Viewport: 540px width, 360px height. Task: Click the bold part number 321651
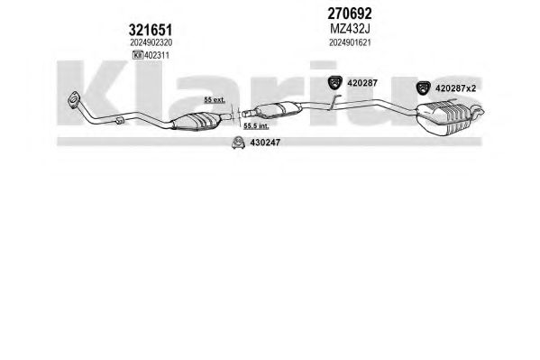click(151, 30)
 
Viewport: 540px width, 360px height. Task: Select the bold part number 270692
click(350, 14)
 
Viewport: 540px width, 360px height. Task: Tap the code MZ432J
click(350, 29)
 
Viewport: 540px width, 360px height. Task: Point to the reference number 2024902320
click(151, 42)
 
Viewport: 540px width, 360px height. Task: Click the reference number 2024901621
click(350, 42)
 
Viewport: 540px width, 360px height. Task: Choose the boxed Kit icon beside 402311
click(138, 55)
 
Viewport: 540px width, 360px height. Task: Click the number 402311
click(157, 55)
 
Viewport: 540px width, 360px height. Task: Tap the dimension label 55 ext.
click(215, 100)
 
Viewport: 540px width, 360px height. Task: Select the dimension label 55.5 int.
click(256, 126)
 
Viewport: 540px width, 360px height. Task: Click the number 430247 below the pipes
click(265, 142)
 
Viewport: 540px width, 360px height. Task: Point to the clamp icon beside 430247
click(238, 143)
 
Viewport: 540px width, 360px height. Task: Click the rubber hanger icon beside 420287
click(334, 82)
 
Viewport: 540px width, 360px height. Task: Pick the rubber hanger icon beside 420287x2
click(423, 88)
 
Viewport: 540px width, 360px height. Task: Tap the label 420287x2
click(455, 88)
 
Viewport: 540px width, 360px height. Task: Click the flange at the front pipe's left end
click(74, 99)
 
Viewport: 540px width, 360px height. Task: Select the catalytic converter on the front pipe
click(196, 122)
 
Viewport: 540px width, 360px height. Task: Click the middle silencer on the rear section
click(278, 109)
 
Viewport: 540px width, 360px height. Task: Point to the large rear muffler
click(444, 117)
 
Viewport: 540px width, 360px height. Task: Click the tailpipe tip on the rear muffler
click(479, 110)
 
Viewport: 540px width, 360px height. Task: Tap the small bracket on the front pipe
click(119, 120)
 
